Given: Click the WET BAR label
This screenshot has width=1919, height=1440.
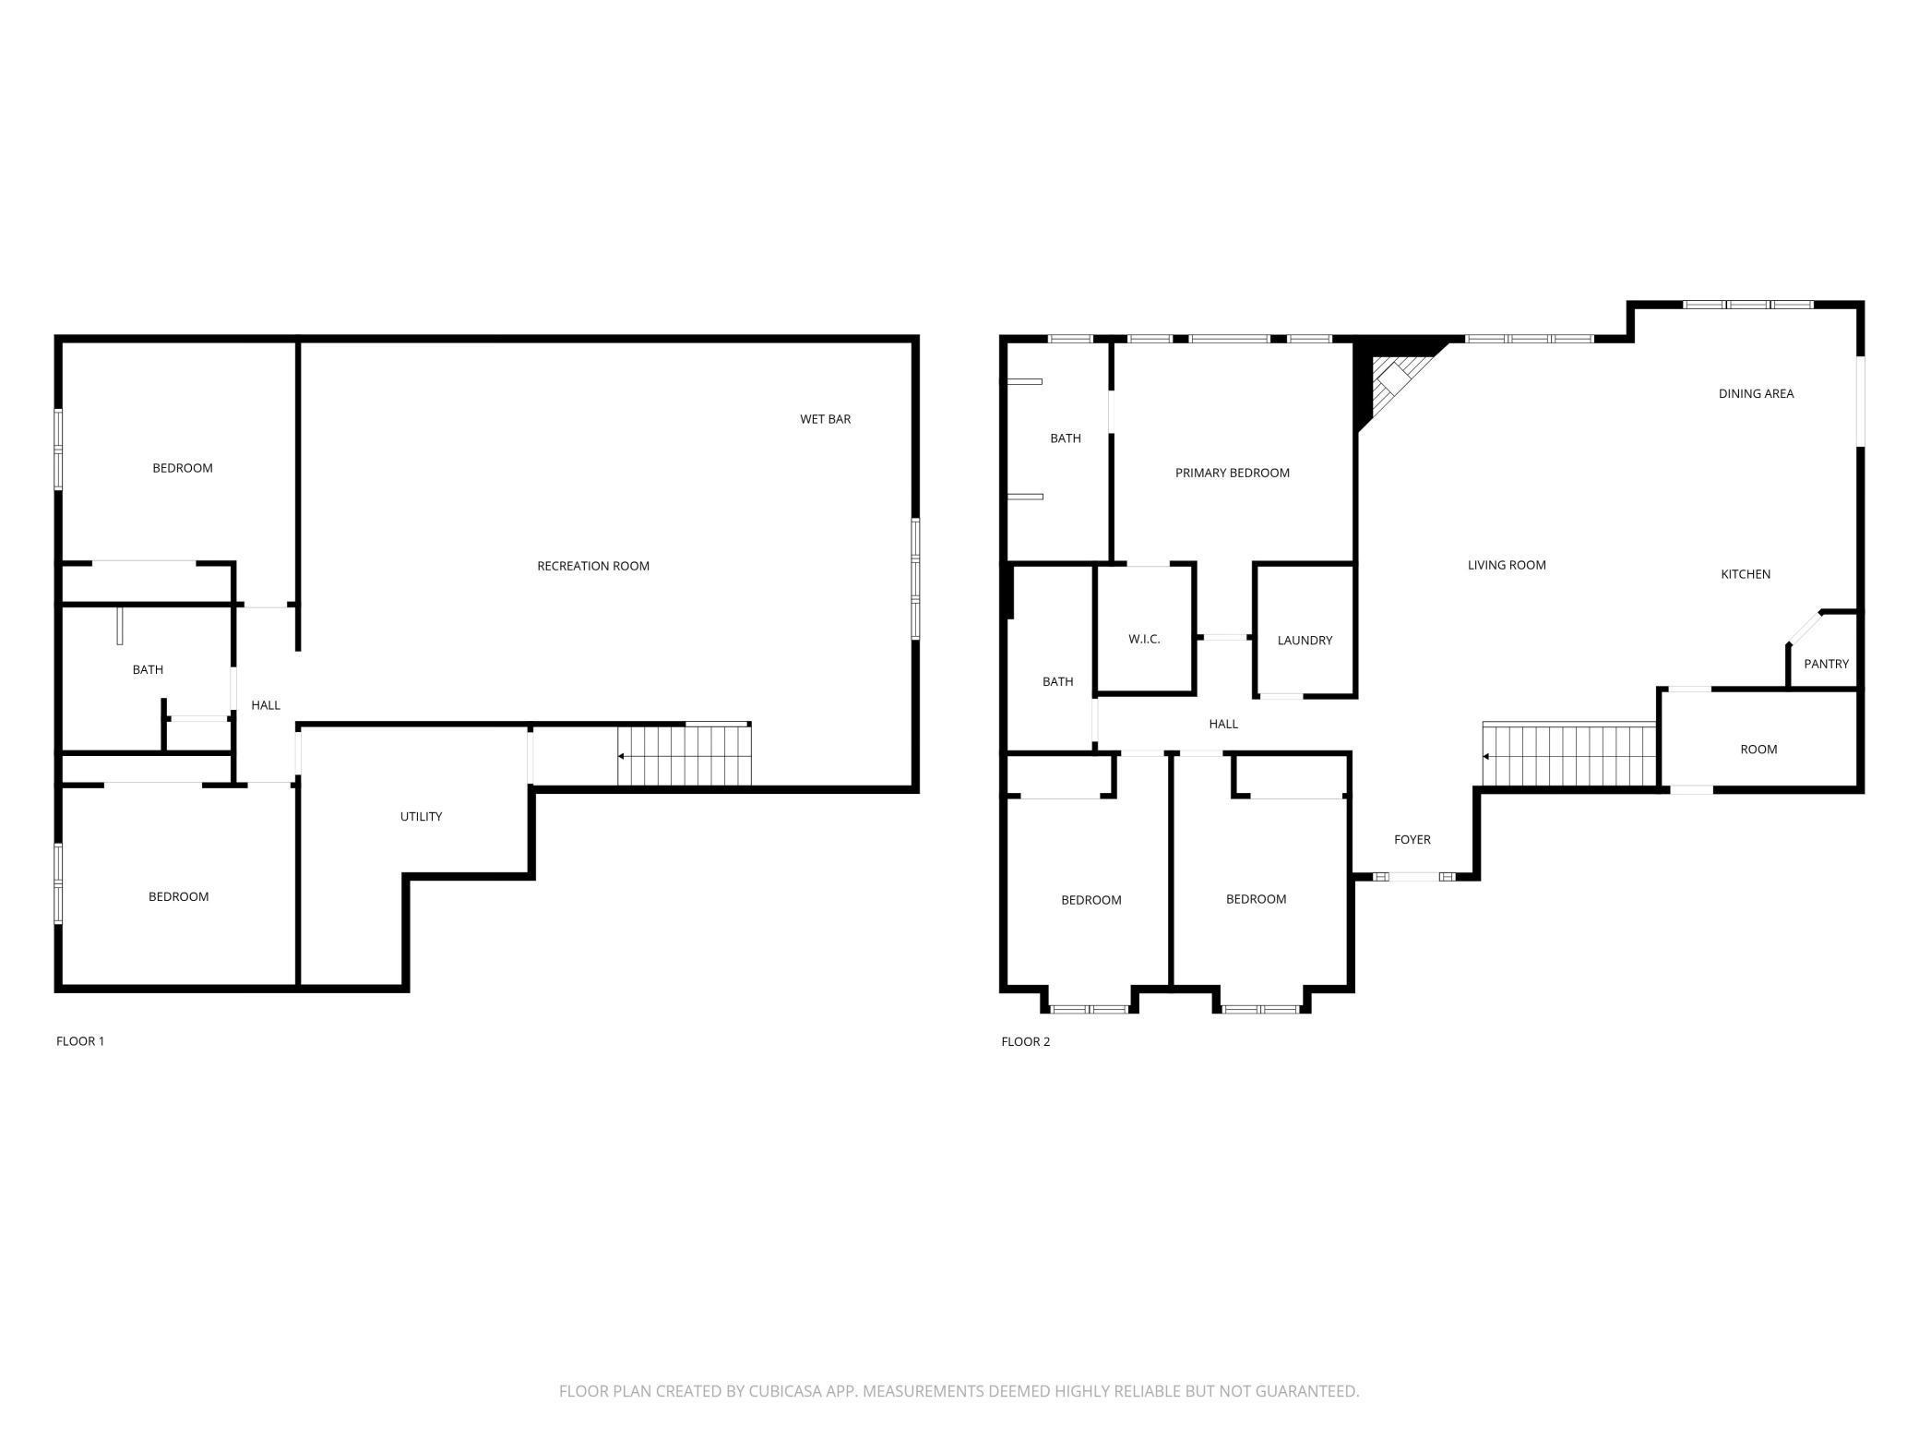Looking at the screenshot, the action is (825, 419).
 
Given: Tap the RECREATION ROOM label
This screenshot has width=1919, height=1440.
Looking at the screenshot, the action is (593, 566).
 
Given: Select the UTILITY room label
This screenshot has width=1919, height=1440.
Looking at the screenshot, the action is (421, 816).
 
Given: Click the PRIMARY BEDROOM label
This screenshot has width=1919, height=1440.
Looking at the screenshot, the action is (1232, 473).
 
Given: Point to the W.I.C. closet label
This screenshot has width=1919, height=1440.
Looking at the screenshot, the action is (1144, 639).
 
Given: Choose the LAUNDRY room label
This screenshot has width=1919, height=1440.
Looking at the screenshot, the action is (1305, 640).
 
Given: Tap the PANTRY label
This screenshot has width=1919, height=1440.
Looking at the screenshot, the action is (1826, 664).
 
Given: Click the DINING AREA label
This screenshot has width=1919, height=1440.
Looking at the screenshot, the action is (1756, 393).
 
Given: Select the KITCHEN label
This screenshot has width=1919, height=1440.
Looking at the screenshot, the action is (1746, 574).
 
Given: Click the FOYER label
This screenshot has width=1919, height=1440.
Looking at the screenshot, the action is (1412, 839).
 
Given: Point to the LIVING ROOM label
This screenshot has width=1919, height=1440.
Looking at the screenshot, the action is (1507, 565).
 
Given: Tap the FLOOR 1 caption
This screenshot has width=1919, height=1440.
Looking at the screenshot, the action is (80, 1041).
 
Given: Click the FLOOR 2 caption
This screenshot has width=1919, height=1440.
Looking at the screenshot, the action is (1025, 1041).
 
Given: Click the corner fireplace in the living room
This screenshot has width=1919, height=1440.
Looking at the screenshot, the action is (1393, 383).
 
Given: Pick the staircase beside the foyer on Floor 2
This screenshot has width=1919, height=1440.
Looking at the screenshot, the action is (1568, 756).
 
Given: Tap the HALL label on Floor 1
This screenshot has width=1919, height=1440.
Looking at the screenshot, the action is (266, 705).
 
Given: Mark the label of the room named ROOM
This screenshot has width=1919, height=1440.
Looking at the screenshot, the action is (1758, 749).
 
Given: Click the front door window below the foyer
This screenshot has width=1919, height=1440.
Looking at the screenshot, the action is (1413, 876).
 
